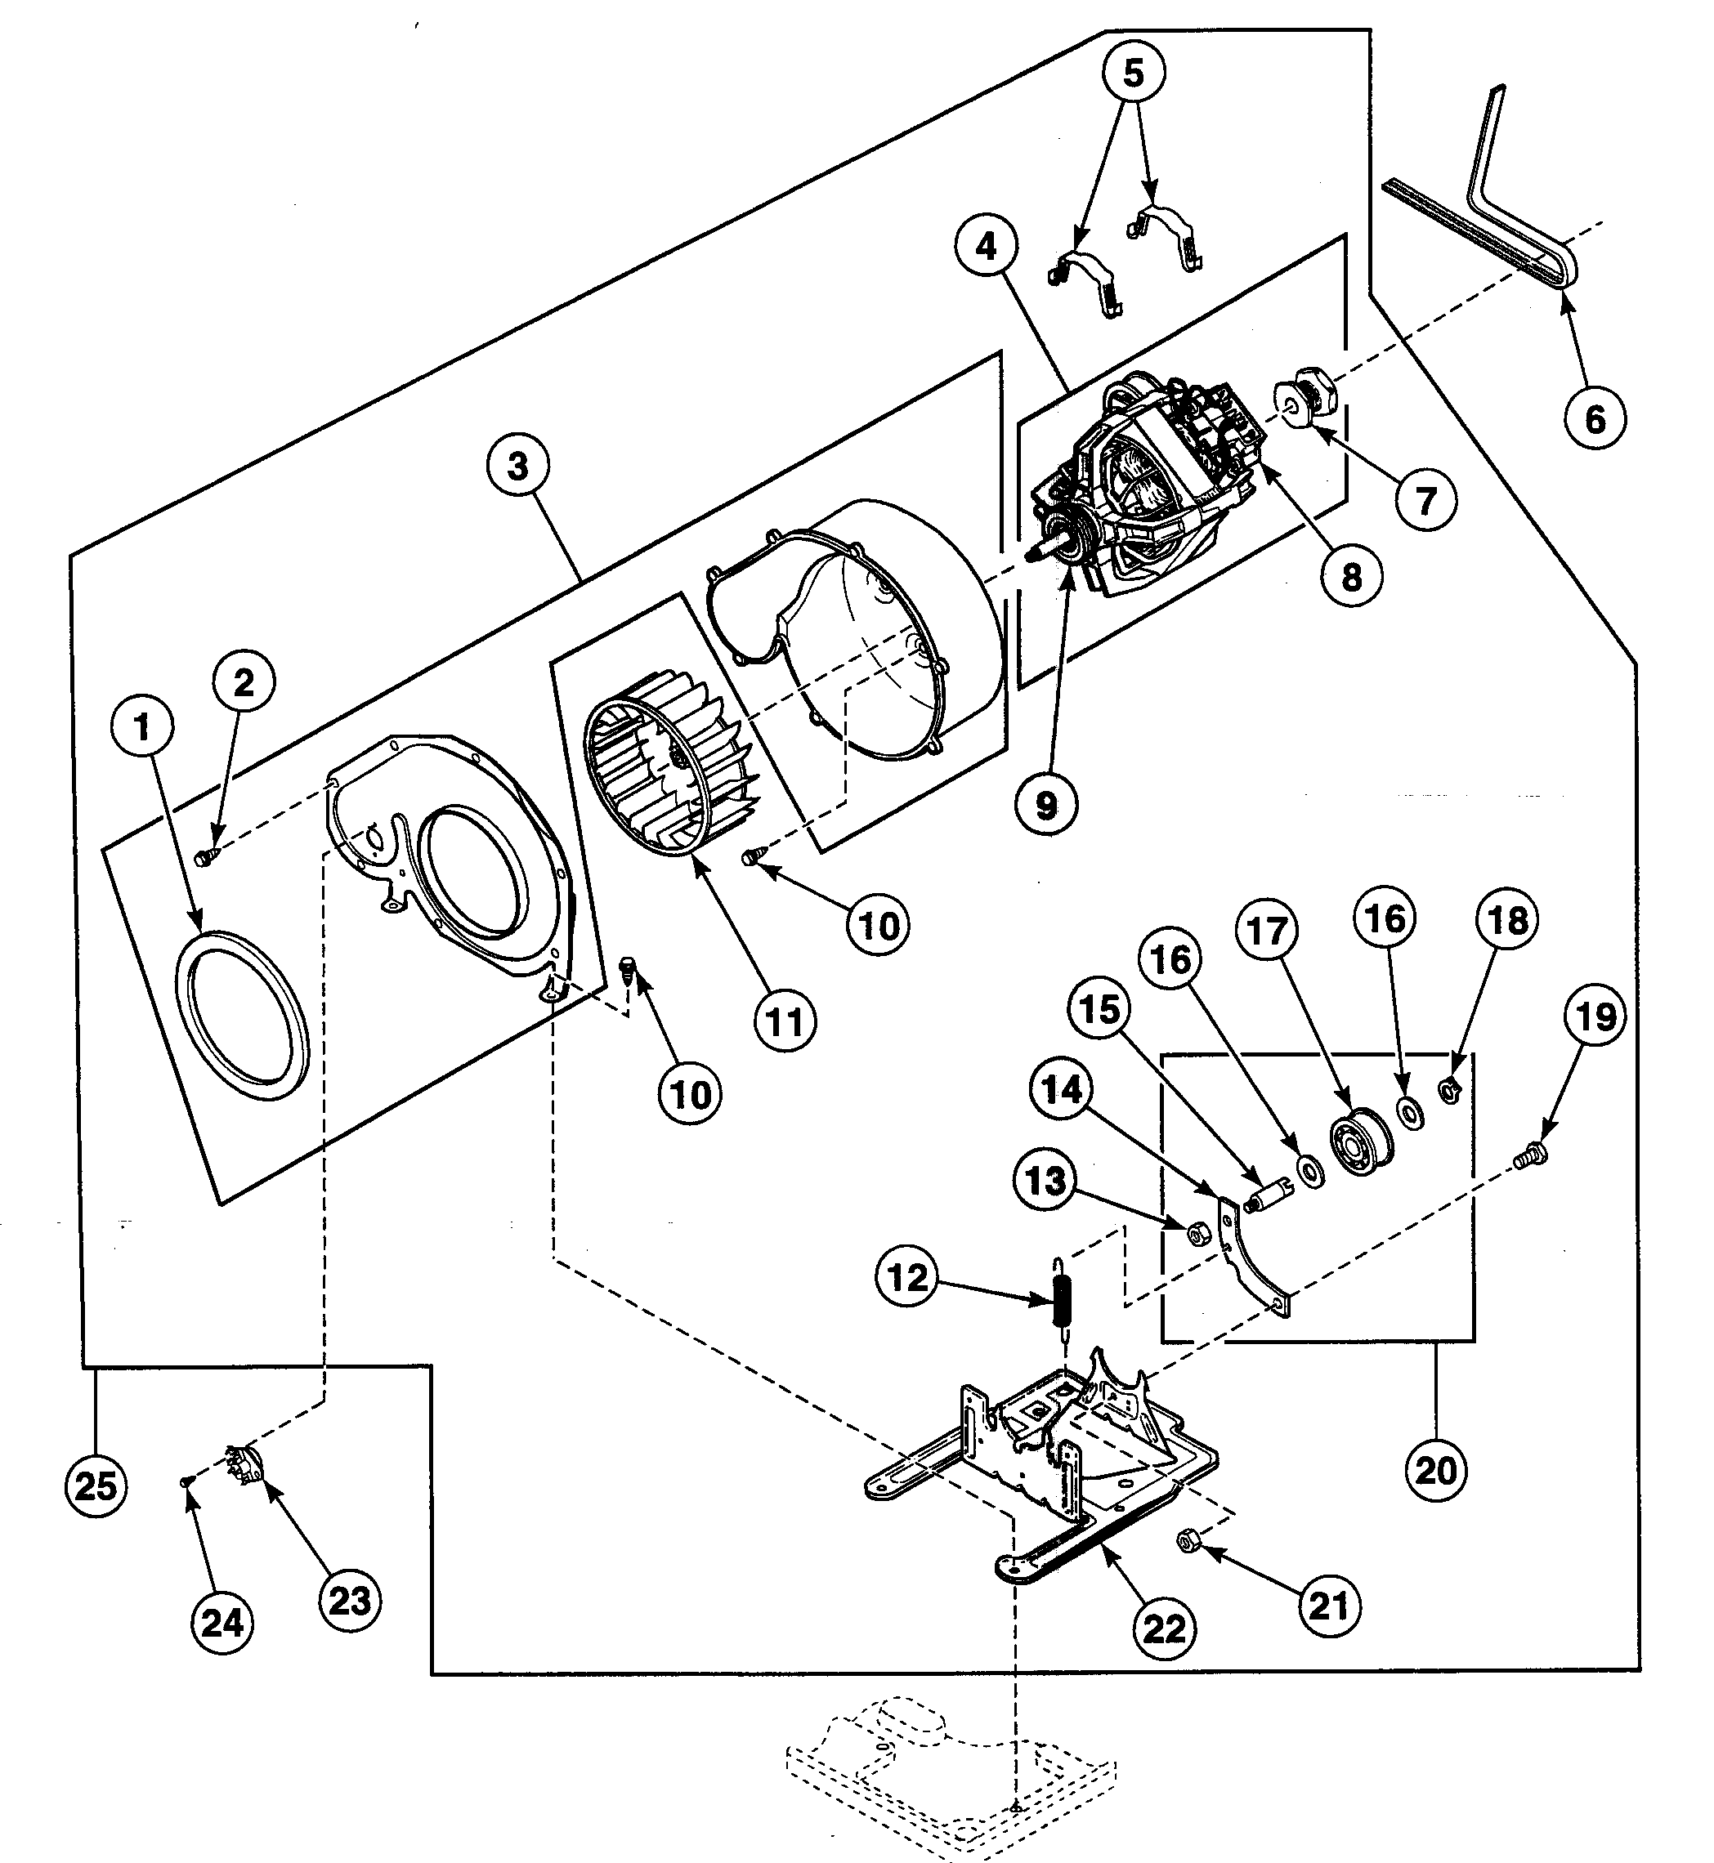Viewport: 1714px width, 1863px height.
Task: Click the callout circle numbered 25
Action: (x=96, y=1485)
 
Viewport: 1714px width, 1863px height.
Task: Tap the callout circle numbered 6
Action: (x=1595, y=419)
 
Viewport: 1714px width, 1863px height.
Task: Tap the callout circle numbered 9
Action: (x=1045, y=805)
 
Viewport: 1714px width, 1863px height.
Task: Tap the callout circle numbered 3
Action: (x=517, y=466)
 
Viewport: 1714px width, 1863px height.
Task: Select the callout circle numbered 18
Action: (x=1506, y=920)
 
